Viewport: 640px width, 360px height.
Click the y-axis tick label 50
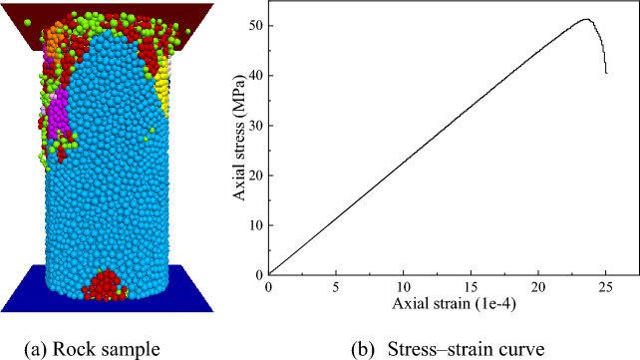(256, 26)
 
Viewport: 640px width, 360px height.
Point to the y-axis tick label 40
(256, 76)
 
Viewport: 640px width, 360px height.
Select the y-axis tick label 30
(256, 126)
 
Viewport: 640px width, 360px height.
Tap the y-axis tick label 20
(256, 176)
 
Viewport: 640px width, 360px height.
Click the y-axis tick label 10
(256, 225)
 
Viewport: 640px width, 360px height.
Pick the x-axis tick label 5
(336, 287)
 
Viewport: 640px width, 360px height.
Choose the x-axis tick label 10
(403, 287)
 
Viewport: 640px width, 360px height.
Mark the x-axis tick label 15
(471, 287)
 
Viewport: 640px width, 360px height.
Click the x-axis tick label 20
(538, 287)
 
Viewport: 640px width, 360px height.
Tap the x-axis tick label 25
(606, 287)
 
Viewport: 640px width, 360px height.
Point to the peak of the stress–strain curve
(586, 19)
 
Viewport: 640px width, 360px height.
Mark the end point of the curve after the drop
(606, 73)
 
